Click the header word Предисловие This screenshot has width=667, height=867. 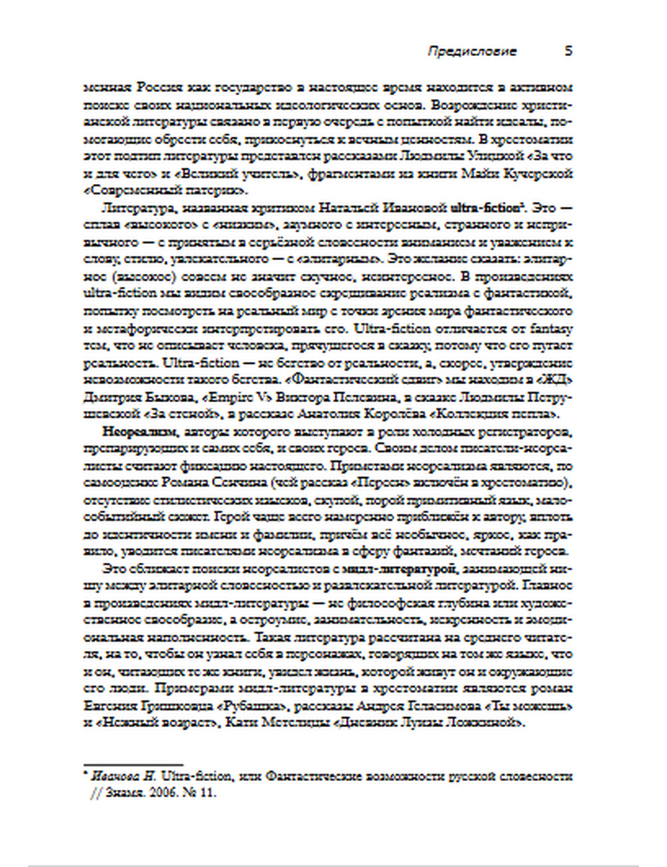pos(472,51)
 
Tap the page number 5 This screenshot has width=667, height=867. pos(568,51)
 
